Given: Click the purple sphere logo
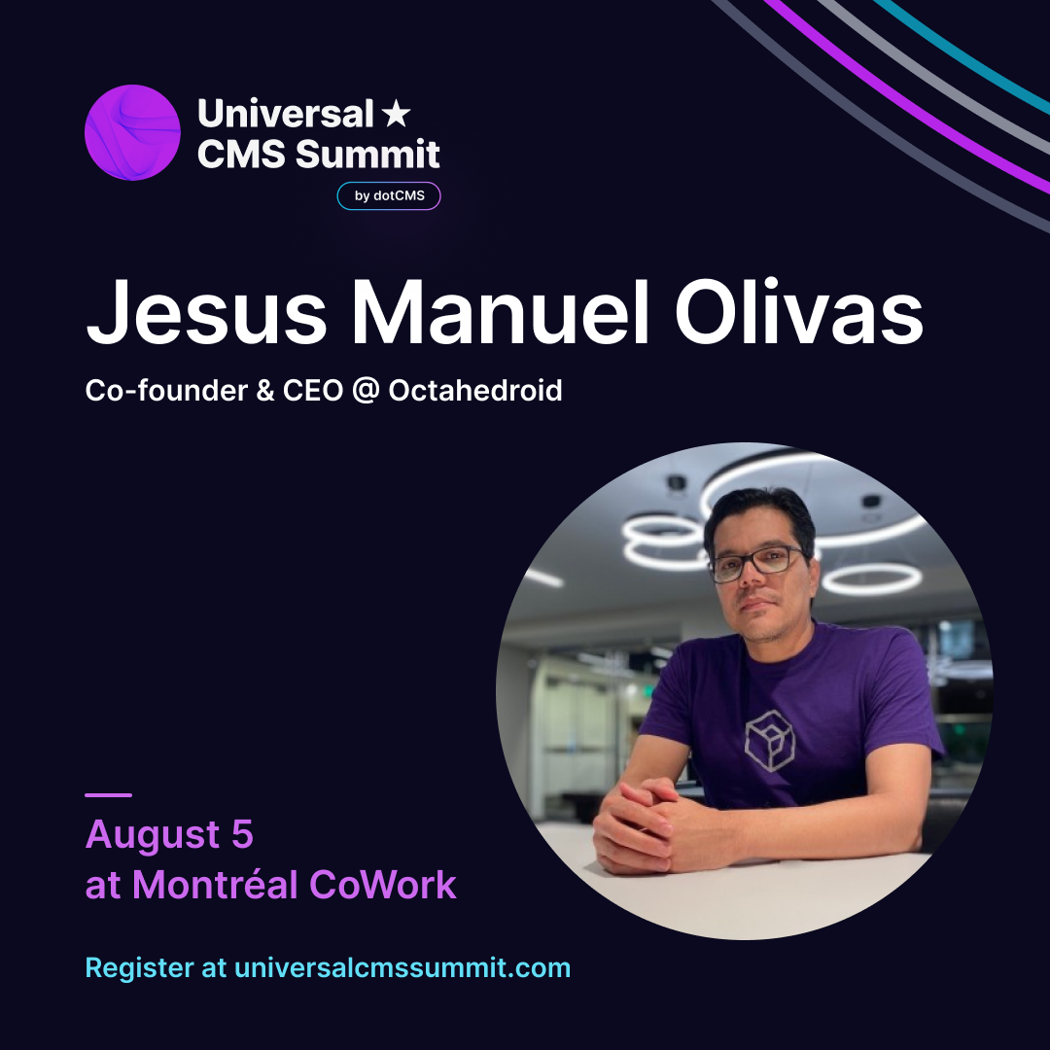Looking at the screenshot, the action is [x=132, y=132].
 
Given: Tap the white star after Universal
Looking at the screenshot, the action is [x=396, y=113].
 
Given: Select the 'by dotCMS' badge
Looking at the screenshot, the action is [x=388, y=195].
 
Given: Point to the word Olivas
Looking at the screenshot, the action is [x=799, y=312].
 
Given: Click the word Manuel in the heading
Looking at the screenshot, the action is [x=501, y=312].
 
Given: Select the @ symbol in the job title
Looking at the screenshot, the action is [x=366, y=391].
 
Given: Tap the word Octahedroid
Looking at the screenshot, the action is [x=475, y=390].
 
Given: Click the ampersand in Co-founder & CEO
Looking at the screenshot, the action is [x=265, y=391].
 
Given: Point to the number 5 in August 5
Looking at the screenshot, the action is [x=242, y=834].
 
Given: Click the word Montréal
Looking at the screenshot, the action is [x=215, y=884].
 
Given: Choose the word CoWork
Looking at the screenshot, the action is [x=383, y=885].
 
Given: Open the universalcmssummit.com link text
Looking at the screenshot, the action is [x=402, y=967].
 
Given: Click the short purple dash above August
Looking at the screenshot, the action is [x=109, y=795].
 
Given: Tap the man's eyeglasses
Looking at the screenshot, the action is [x=756, y=563].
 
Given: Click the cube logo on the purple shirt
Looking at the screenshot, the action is [x=769, y=741].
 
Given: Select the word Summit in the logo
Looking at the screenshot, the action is [x=367, y=154].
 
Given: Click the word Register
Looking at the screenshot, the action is [x=140, y=968].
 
